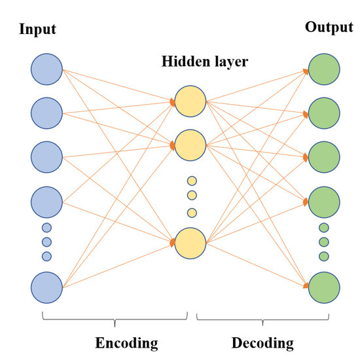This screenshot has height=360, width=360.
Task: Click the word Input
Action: click(39, 29)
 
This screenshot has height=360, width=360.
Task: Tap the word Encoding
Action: click(127, 342)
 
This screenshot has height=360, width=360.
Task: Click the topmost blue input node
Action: click(46, 69)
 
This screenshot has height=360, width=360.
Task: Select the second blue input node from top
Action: click(46, 113)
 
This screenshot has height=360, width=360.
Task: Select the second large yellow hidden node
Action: click(191, 145)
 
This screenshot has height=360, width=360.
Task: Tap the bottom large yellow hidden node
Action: click(191, 242)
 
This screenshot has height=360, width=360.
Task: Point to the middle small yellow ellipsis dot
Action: click(192, 195)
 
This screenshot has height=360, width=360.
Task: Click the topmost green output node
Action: click(323, 69)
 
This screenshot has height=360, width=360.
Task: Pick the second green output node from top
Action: click(323, 113)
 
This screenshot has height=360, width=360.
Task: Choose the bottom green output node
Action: click(323, 287)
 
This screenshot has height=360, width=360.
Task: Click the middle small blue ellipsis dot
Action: click(46, 242)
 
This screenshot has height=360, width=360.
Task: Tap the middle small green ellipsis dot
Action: click(323, 242)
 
